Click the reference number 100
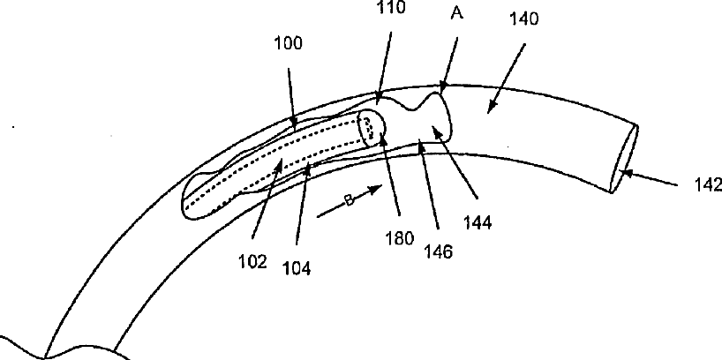click(x=288, y=44)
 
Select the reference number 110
click(x=391, y=7)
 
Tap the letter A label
click(x=457, y=13)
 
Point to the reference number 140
click(x=524, y=19)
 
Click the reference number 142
click(x=708, y=184)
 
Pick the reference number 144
click(x=478, y=222)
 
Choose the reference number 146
click(x=439, y=251)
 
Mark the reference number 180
click(x=400, y=238)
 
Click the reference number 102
click(x=252, y=262)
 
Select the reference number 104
click(x=297, y=268)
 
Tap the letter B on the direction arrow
click(x=349, y=200)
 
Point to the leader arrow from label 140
click(x=507, y=79)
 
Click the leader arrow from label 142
click(x=649, y=179)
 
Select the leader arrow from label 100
click(x=292, y=98)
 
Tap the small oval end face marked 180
click(x=372, y=128)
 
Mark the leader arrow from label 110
click(x=385, y=68)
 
